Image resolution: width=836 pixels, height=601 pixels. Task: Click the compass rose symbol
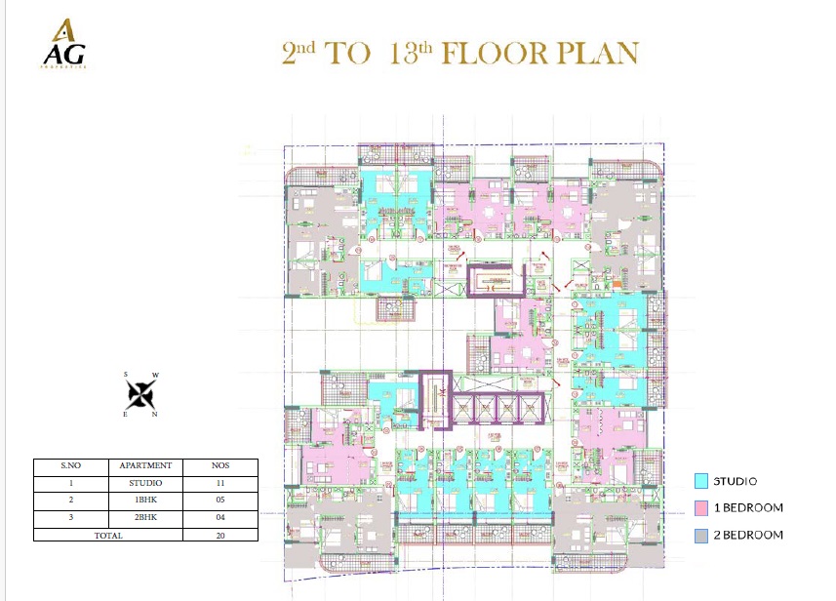coord(141,394)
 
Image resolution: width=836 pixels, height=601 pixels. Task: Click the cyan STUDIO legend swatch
coord(700,481)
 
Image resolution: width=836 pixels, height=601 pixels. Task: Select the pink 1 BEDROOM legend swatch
coord(700,507)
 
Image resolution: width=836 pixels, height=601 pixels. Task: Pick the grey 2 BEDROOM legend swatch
coord(700,535)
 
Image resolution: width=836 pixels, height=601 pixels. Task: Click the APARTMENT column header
coord(145,466)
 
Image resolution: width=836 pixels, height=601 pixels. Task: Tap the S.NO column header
coord(71,466)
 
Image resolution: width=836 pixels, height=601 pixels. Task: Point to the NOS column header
coord(220,466)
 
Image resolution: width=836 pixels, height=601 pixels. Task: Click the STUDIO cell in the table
coord(145,483)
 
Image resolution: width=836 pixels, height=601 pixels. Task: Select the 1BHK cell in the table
coord(145,501)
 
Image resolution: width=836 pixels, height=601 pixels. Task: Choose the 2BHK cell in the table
coord(145,518)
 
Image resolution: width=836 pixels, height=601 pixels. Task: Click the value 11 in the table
coord(220,483)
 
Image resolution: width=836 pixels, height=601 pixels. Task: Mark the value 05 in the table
coord(220,501)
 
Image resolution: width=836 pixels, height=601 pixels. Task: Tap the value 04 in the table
coord(220,518)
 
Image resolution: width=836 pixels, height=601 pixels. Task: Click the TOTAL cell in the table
coord(108,535)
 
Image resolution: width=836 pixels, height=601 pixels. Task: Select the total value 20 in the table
coord(220,535)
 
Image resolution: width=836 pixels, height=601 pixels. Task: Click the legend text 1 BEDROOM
coord(749,507)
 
